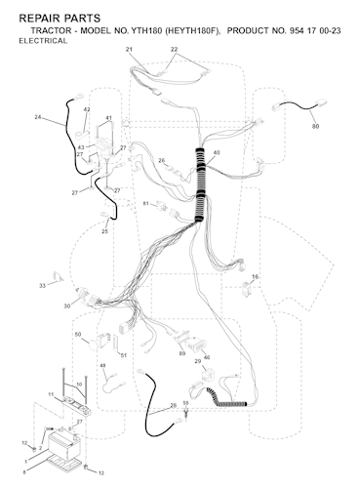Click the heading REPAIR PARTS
[x=60, y=18]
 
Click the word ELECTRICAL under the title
[x=43, y=41]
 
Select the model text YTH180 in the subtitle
[x=146, y=31]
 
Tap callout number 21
[x=129, y=50]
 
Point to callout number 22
[x=175, y=49]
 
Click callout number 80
[x=315, y=126]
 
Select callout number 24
[x=38, y=117]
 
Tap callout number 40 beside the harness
[x=217, y=152]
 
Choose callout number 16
[x=256, y=277]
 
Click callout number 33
[x=43, y=286]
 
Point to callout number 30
[x=67, y=306]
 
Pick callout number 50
[x=78, y=334]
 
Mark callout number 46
[x=207, y=357]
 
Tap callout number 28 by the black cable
[x=174, y=406]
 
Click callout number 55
[x=186, y=403]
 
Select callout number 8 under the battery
[x=24, y=472]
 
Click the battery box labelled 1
[x=64, y=445]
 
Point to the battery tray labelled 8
[x=64, y=463]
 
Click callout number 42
[x=87, y=109]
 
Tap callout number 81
[x=145, y=204]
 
